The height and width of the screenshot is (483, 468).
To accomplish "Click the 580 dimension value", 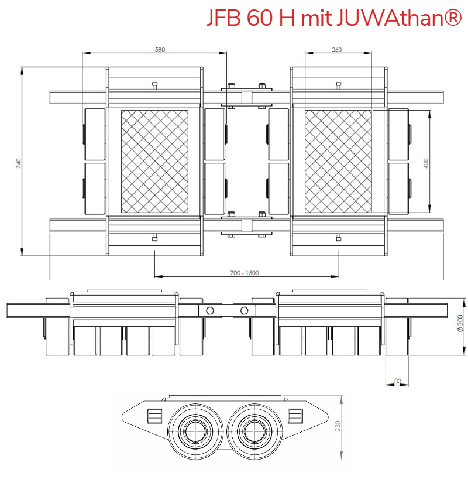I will [x=160, y=50].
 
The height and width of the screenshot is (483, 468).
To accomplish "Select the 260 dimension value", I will [x=336, y=50].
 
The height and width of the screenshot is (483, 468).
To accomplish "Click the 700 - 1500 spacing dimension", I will [x=245, y=272].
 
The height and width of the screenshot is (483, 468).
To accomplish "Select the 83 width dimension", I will [x=398, y=381].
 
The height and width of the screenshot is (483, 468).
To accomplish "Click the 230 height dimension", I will [x=338, y=426].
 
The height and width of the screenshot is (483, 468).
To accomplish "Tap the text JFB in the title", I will [x=223, y=19].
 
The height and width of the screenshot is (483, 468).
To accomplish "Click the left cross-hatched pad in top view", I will [x=155, y=161].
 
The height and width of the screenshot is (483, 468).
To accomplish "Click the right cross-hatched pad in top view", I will [x=339, y=161].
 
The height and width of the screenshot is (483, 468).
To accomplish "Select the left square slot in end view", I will [x=154, y=416].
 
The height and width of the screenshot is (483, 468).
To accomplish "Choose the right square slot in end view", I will [x=295, y=416].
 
